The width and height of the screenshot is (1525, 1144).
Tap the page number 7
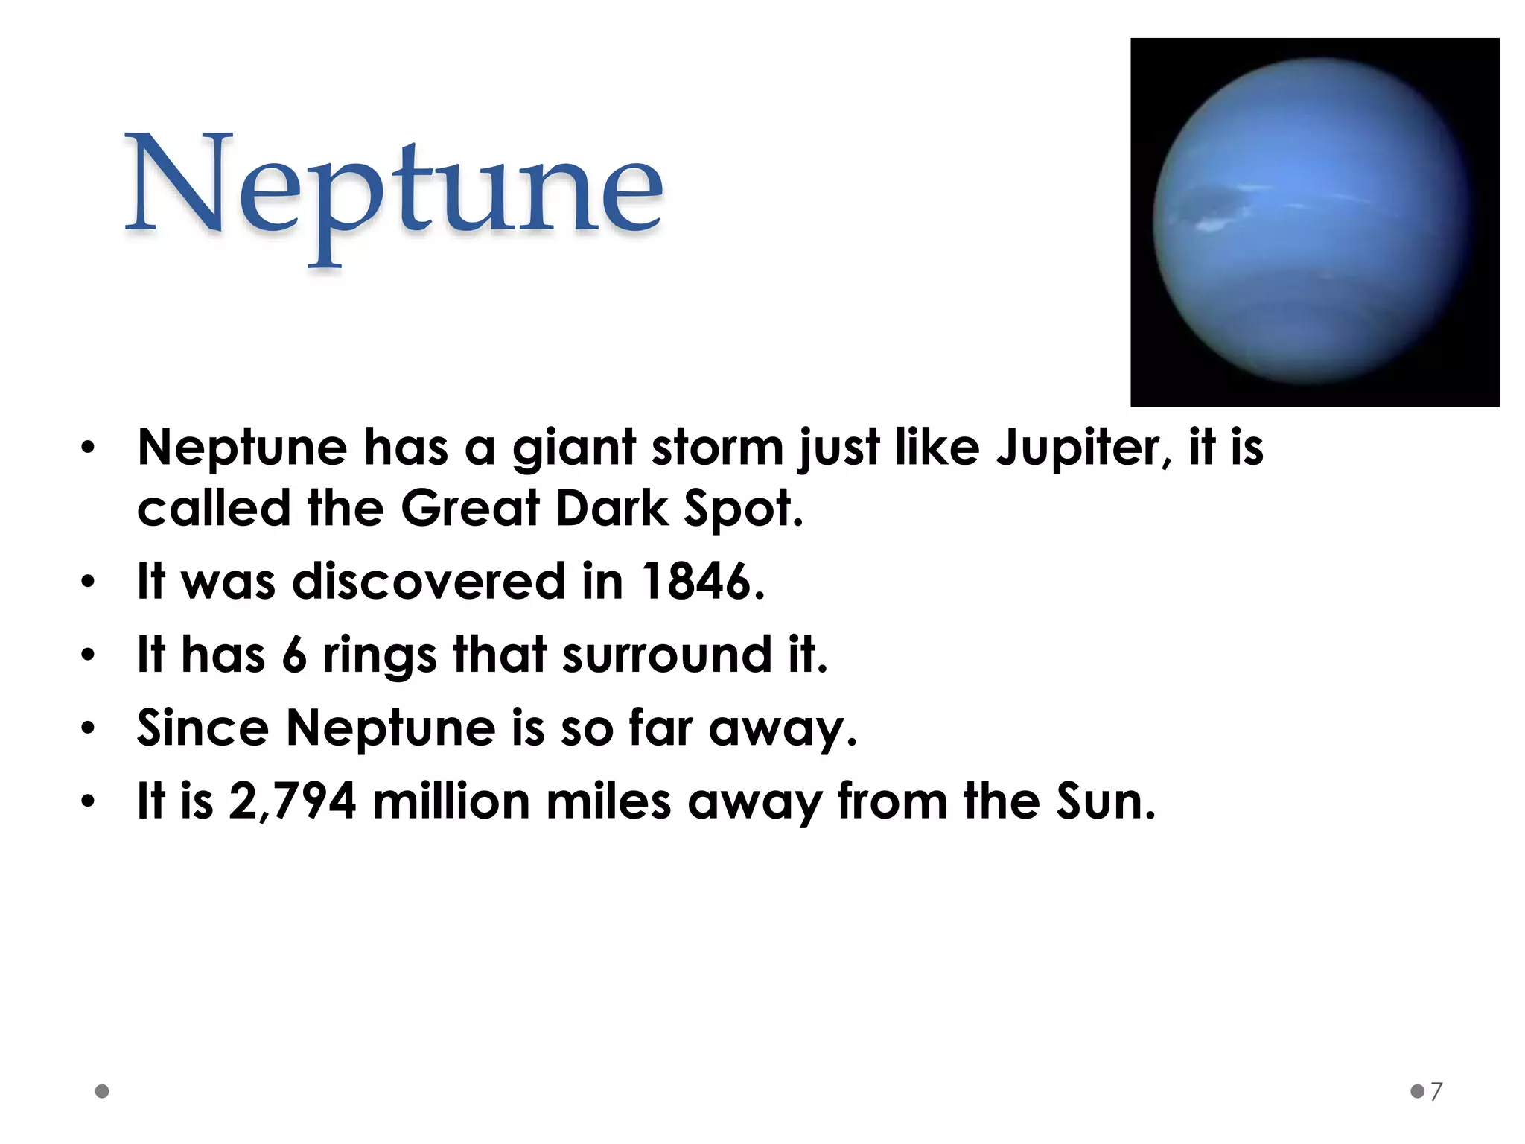[x=1436, y=1091]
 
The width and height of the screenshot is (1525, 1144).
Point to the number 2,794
[x=292, y=801]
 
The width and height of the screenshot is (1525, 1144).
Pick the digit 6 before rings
[x=294, y=655]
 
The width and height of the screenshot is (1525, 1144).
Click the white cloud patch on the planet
[x=1210, y=223]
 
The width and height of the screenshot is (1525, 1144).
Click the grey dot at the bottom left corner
[x=103, y=1091]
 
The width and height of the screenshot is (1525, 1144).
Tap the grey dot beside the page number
[x=1417, y=1091]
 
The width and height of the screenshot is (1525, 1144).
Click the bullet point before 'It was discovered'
[x=89, y=582]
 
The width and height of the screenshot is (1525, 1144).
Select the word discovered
[x=429, y=582]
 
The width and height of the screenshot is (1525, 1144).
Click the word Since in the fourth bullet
[x=203, y=728]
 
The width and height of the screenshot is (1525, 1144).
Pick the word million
[x=450, y=801]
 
